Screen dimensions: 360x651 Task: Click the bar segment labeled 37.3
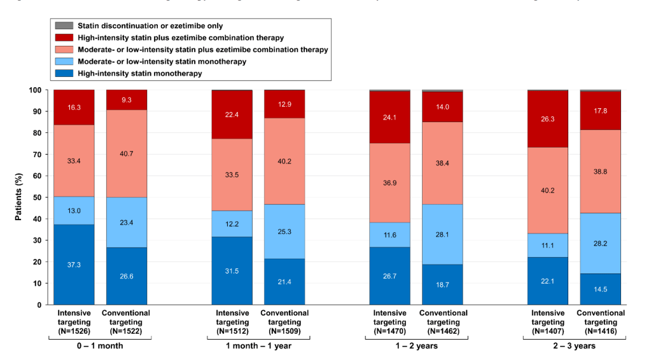click(74, 265)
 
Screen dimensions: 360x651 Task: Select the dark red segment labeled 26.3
click(548, 119)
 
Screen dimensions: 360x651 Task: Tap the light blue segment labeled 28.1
click(442, 234)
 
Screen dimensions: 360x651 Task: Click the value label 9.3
click(127, 100)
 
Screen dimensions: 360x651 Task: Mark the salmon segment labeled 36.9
click(390, 183)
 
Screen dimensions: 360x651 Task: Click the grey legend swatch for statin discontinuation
click(64, 25)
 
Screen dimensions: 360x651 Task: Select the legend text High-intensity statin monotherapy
click(139, 74)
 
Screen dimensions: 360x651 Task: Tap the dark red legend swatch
click(64, 38)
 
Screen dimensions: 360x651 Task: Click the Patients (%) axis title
click(20, 197)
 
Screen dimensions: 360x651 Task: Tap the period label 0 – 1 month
click(100, 345)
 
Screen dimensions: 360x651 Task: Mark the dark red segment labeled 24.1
click(390, 117)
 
